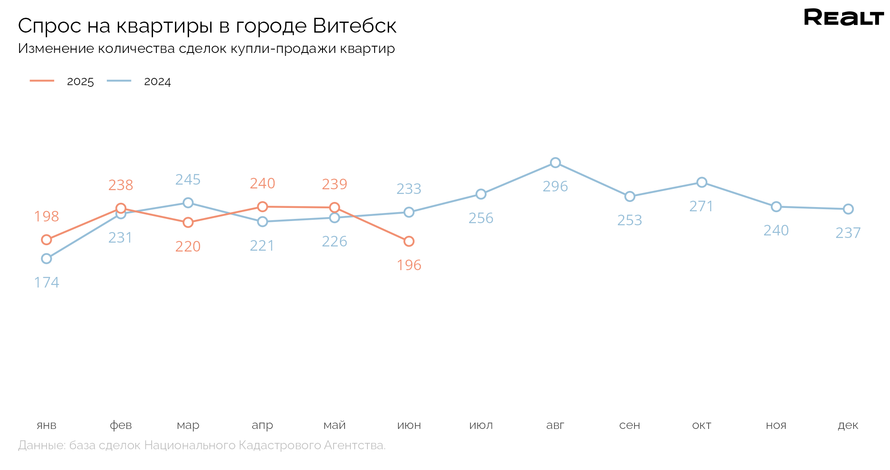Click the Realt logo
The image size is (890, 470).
click(843, 17)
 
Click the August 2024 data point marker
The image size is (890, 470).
click(555, 163)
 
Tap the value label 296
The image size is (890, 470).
click(555, 186)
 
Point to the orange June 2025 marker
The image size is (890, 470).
click(409, 241)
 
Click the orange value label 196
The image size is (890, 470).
click(409, 265)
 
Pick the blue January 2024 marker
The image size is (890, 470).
click(47, 258)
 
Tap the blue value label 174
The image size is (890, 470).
click(47, 282)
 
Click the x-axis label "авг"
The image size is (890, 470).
click(555, 425)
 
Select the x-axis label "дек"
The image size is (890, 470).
click(848, 425)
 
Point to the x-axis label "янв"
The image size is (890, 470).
click(47, 425)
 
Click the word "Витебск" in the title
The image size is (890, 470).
click(355, 26)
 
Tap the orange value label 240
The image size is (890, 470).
click(262, 183)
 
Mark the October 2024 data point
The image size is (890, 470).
click(702, 182)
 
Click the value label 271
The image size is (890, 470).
click(701, 206)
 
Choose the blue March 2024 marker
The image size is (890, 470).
click(188, 203)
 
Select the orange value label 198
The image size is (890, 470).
click(47, 216)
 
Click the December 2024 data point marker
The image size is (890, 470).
click(848, 209)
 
